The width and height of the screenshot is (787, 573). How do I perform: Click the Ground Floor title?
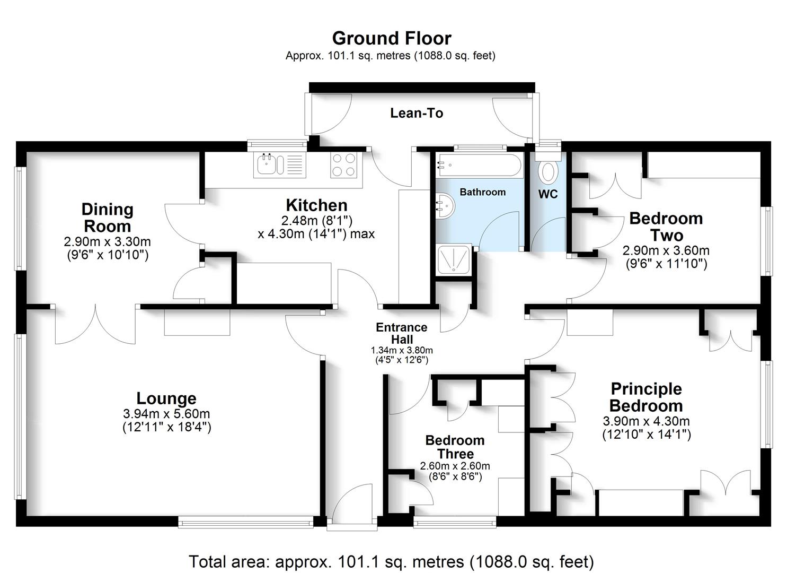pyautogui.click(x=391, y=38)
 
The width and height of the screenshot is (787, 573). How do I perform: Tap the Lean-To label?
pyautogui.click(x=417, y=113)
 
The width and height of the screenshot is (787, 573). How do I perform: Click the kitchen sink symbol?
pyautogui.click(x=273, y=164)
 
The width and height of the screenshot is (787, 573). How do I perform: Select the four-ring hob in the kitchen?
pyautogui.click(x=343, y=164)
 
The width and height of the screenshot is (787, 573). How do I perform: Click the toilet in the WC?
pyautogui.click(x=547, y=172)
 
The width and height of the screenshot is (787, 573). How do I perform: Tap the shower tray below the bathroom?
pyautogui.click(x=454, y=260)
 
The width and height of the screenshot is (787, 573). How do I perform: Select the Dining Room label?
pyautogui.click(x=107, y=218)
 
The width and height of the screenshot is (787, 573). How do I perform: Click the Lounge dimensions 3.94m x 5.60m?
pyautogui.click(x=166, y=414)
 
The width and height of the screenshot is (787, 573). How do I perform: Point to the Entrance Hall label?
pyautogui.click(x=402, y=333)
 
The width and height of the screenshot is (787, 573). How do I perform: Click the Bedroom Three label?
pyautogui.click(x=455, y=447)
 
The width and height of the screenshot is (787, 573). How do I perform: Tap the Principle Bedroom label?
pyautogui.click(x=646, y=397)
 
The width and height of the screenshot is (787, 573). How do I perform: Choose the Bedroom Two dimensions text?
pyautogui.click(x=666, y=257)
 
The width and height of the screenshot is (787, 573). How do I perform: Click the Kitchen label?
pyautogui.click(x=316, y=205)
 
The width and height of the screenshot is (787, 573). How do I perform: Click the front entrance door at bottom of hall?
pyautogui.click(x=352, y=507)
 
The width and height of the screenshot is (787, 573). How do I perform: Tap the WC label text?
pyautogui.click(x=548, y=194)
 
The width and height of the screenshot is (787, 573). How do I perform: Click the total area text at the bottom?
pyautogui.click(x=391, y=561)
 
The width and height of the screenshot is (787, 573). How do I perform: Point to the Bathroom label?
pyautogui.click(x=482, y=192)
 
